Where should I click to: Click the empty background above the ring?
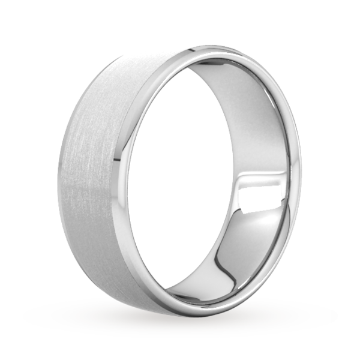[180, 18]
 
